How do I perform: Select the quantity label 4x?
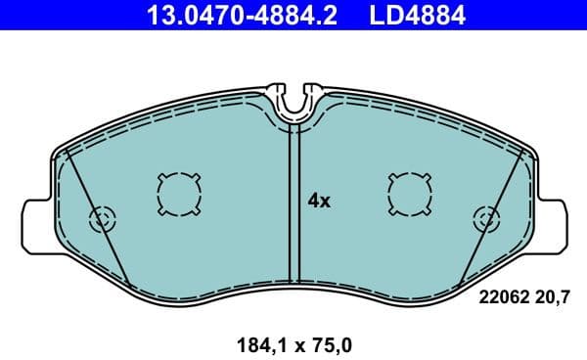[x=320, y=202]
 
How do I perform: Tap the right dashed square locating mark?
[x=408, y=192]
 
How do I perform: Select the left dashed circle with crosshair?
[x=102, y=218]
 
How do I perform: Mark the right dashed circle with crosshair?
[x=484, y=218]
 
